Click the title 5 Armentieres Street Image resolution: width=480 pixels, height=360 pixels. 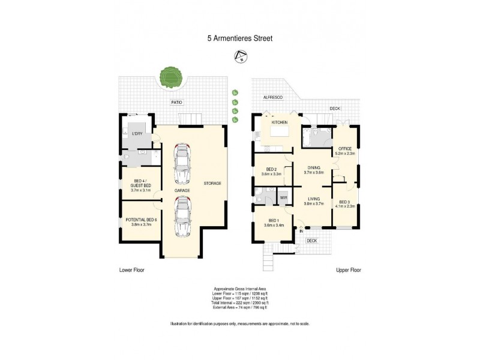click(239, 38)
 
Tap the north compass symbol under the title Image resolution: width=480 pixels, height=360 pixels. click(240, 58)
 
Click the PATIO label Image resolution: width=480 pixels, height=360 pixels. click(176, 103)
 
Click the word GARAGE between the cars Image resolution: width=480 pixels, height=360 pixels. click(182, 190)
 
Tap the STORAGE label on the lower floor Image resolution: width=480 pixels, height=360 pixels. click(213, 183)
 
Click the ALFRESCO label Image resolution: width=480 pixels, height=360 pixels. click(264, 97)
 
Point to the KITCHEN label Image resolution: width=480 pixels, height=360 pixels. click(280, 122)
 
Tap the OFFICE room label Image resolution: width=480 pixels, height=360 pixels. click(344, 148)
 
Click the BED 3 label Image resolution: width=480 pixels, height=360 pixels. click(344, 202)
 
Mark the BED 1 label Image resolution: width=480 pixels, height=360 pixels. click(273, 220)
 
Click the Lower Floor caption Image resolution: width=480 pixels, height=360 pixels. click(131, 270)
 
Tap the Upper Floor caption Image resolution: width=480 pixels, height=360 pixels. click(348, 270)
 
